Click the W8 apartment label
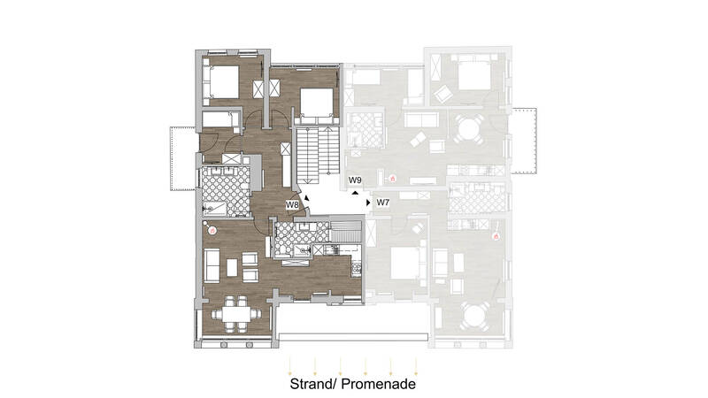tap(292, 205)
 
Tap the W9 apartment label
tap(355, 180)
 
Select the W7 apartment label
tap(383, 203)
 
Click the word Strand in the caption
tap(312, 384)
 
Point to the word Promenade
tap(379, 384)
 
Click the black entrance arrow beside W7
tap(368, 203)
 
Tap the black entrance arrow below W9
tap(356, 193)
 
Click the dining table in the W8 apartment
tap(235, 314)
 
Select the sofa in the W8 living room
tap(212, 265)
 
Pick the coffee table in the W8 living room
tap(232, 267)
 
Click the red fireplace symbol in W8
tap(212, 231)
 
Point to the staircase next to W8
tap(318, 155)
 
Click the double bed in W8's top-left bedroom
tap(221, 81)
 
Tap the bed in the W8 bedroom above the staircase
tap(317, 106)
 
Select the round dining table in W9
tap(468, 129)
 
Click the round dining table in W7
tap(473, 316)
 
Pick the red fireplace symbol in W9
tap(392, 179)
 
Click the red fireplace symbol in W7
tap(496, 236)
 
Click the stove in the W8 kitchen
tap(357, 269)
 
